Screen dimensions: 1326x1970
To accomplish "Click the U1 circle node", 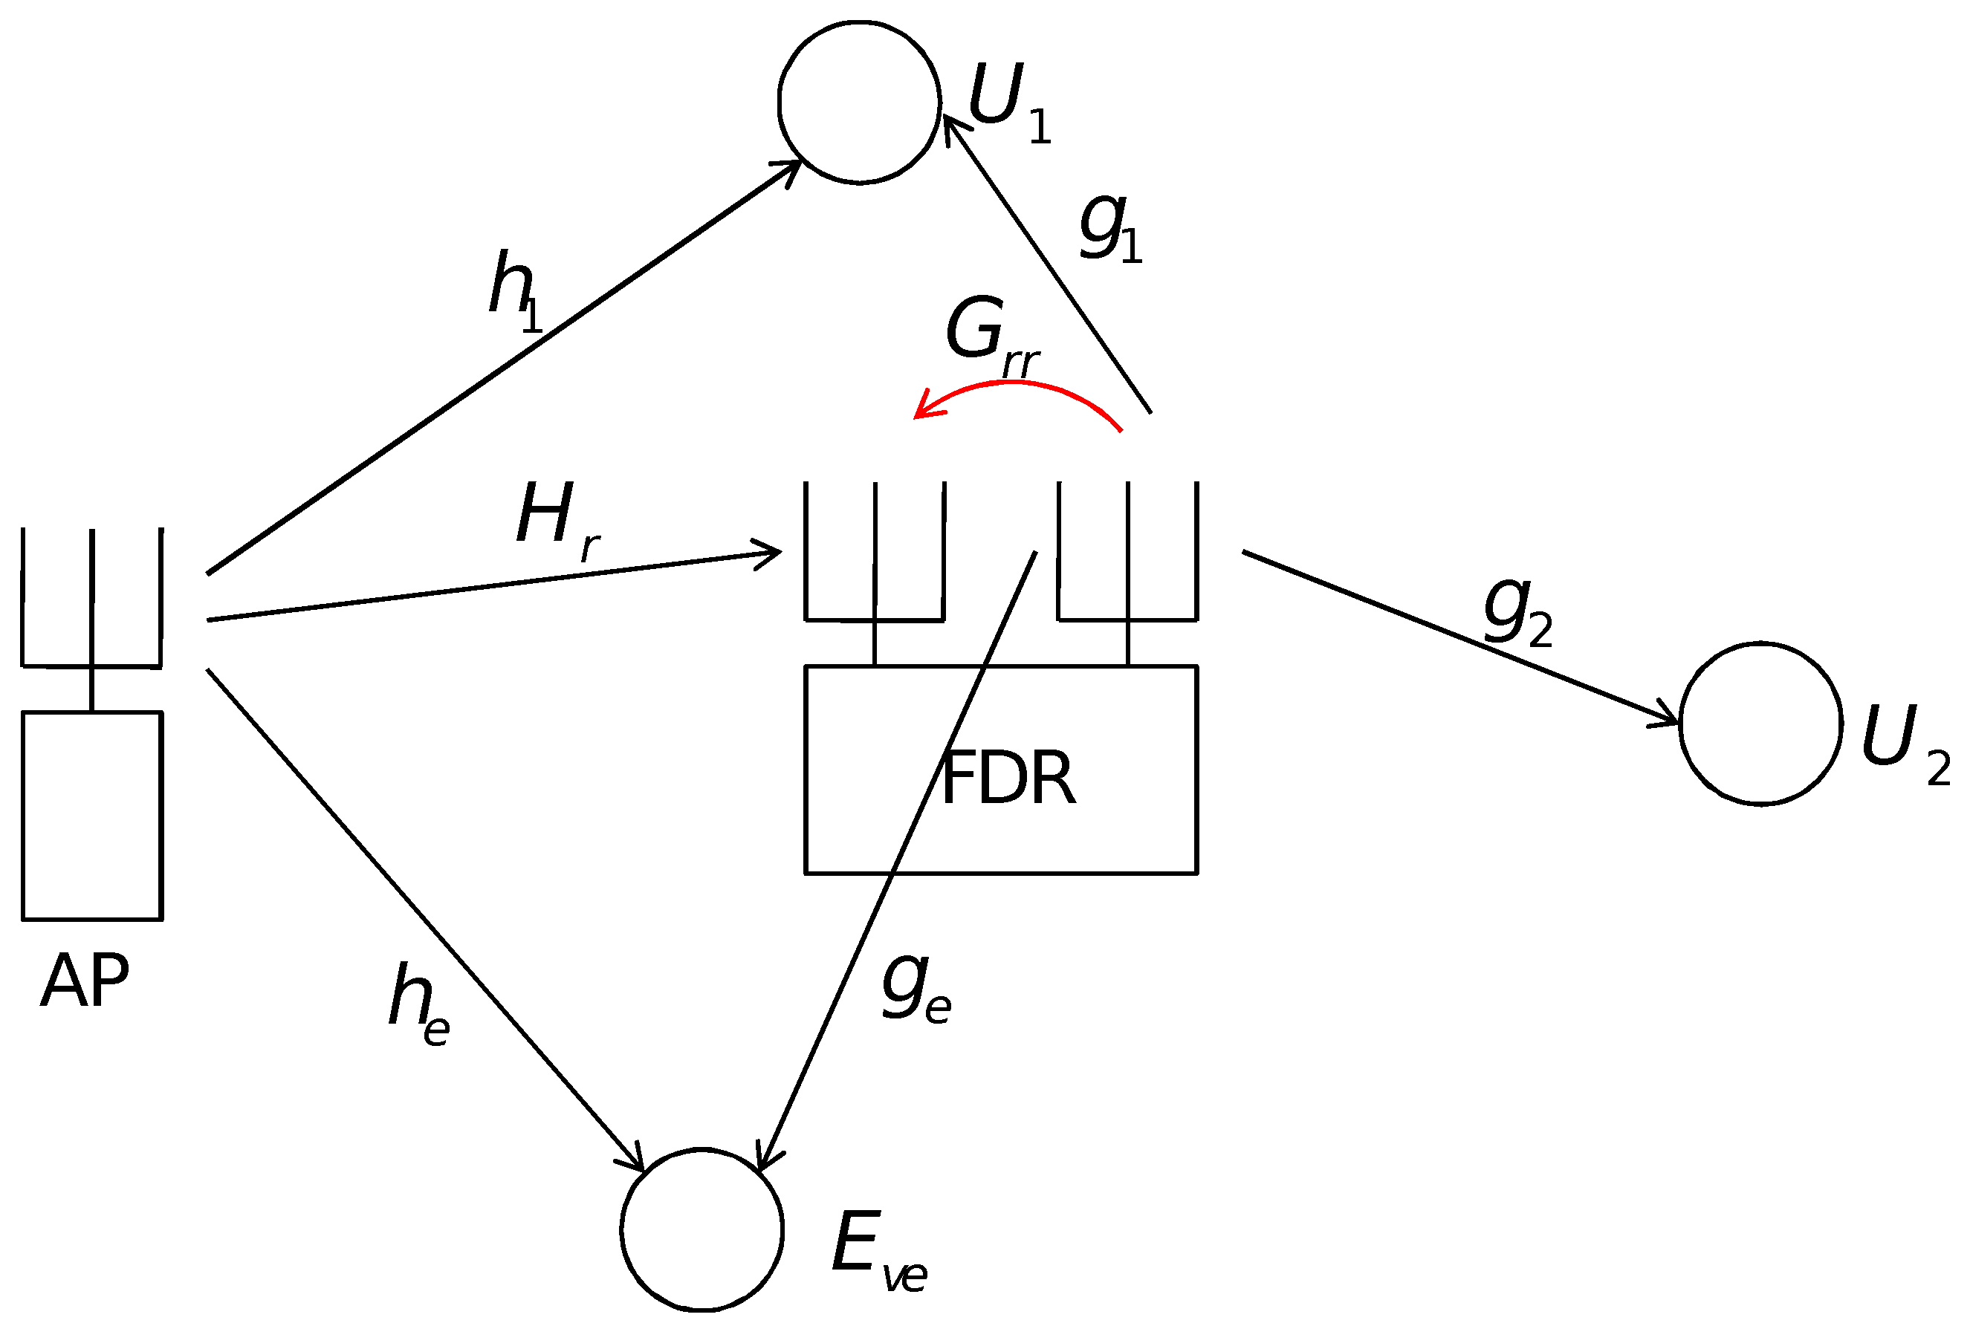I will pyautogui.click(x=858, y=103).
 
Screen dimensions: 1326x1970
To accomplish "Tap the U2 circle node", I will pyautogui.click(x=1761, y=724).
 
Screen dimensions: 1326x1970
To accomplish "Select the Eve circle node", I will pyautogui.click(x=702, y=1230).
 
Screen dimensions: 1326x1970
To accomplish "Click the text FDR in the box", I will pyautogui.click(x=1008, y=778).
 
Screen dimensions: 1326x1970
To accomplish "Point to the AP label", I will pyautogui.click(x=85, y=981).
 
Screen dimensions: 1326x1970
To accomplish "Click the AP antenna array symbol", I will pyautogui.click(x=91, y=599).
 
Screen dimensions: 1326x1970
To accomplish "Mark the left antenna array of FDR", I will pyautogui.click(x=875, y=551).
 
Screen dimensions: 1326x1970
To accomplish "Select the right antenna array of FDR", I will pyautogui.click(x=1127, y=551).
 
